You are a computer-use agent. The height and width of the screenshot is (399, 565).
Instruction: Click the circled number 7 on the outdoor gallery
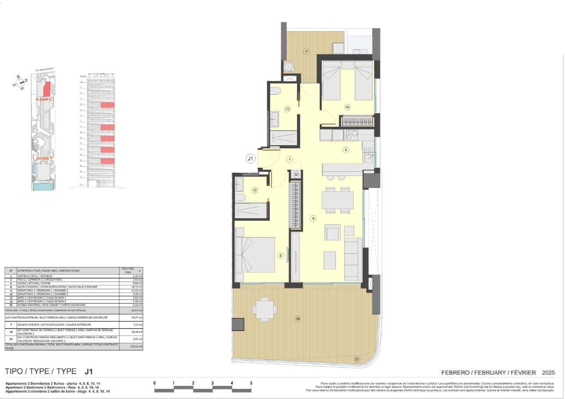[307, 52]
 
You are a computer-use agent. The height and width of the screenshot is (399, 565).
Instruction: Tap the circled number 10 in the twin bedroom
[347, 107]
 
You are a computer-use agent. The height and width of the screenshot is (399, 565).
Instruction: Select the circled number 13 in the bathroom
[287, 109]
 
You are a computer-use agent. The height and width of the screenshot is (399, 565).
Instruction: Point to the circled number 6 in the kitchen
[346, 150]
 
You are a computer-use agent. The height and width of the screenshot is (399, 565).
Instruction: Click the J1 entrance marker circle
[250, 159]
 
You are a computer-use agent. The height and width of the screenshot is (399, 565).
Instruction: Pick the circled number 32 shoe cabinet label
[297, 175]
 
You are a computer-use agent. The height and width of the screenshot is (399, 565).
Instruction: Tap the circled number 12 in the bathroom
[255, 190]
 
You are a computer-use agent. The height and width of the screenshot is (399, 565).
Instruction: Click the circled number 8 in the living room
[313, 218]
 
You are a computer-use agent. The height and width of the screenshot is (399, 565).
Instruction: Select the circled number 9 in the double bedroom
[281, 256]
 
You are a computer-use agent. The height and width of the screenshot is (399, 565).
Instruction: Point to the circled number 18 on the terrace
[297, 319]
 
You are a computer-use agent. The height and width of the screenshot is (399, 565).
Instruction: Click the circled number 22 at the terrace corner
[357, 359]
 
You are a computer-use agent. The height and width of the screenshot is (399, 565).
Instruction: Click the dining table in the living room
[337, 200]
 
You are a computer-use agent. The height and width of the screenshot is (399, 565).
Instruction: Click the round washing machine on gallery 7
[289, 67]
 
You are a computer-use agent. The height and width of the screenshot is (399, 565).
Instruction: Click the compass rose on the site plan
[21, 82]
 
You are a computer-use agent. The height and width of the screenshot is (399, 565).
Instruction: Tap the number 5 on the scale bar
[251, 383]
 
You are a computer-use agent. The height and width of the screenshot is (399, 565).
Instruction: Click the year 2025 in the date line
[548, 373]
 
